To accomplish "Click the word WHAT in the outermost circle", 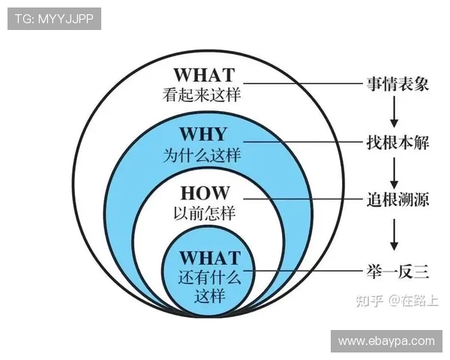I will point(203,75).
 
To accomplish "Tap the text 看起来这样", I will point(203,95).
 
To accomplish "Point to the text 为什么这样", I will point(202,156).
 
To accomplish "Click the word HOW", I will point(204,193).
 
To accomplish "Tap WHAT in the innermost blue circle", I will point(210,258).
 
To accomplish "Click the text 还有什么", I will point(210,277).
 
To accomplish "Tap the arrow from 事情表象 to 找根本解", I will point(393,112).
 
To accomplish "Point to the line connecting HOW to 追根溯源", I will point(300,199).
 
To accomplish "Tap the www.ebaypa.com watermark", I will point(386,341).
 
